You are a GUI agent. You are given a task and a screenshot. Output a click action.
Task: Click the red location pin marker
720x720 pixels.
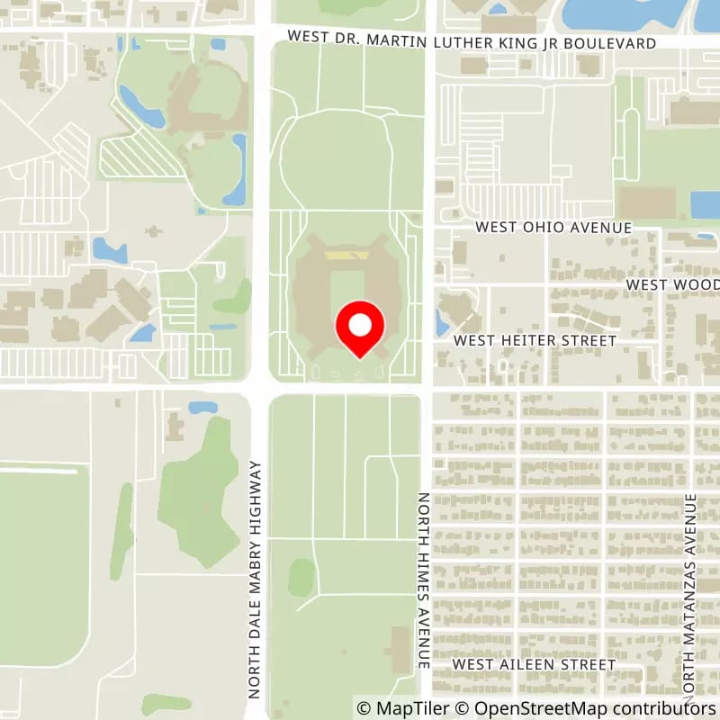[360, 328]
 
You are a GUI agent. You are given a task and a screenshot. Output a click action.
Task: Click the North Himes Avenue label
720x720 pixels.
[423, 580]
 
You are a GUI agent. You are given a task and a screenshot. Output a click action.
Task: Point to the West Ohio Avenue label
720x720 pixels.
[553, 228]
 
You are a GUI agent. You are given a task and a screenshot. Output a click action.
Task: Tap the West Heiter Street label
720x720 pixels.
[535, 341]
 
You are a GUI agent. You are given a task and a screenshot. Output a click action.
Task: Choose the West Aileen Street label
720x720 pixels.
[534, 664]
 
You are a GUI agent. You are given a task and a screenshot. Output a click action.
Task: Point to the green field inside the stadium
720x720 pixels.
[345, 297]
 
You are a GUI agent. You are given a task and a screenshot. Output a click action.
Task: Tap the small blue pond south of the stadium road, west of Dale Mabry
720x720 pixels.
[202, 408]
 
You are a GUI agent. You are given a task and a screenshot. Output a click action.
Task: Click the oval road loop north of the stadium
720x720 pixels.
[335, 162]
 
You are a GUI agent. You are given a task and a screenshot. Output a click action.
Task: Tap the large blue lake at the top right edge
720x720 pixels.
[630, 13]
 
